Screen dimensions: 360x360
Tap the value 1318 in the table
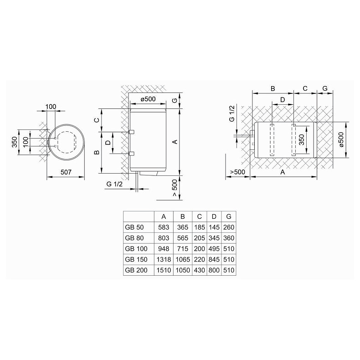pos(163,259)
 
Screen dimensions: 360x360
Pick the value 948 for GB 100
pos(163,249)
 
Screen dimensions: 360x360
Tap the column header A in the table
pos(163,216)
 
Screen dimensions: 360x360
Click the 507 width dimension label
pos(66,172)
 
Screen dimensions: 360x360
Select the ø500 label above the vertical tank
pos(148,100)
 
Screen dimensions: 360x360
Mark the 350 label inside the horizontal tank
pos(301,139)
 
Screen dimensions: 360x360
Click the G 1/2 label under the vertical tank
pos(114,183)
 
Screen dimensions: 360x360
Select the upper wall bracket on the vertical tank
pos(131,132)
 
